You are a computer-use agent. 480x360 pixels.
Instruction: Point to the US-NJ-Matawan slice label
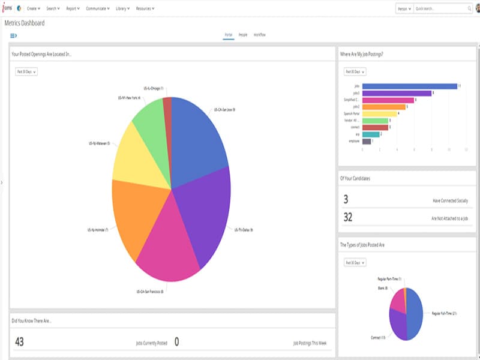(x=99, y=143)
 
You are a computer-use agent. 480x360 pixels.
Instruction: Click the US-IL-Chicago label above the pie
(x=154, y=88)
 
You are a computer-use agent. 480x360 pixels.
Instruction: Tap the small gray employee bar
(x=367, y=141)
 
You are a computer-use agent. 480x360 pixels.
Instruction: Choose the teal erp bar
(x=371, y=134)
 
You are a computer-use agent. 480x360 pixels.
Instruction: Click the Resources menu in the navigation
(x=145, y=8)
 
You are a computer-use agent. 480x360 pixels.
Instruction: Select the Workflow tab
(x=259, y=35)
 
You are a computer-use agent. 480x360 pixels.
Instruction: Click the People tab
(x=243, y=35)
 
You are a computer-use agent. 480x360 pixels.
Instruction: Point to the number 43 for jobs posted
(x=19, y=342)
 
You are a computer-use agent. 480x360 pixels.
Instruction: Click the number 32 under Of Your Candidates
(x=348, y=217)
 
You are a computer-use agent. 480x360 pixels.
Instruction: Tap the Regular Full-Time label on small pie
(x=445, y=313)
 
